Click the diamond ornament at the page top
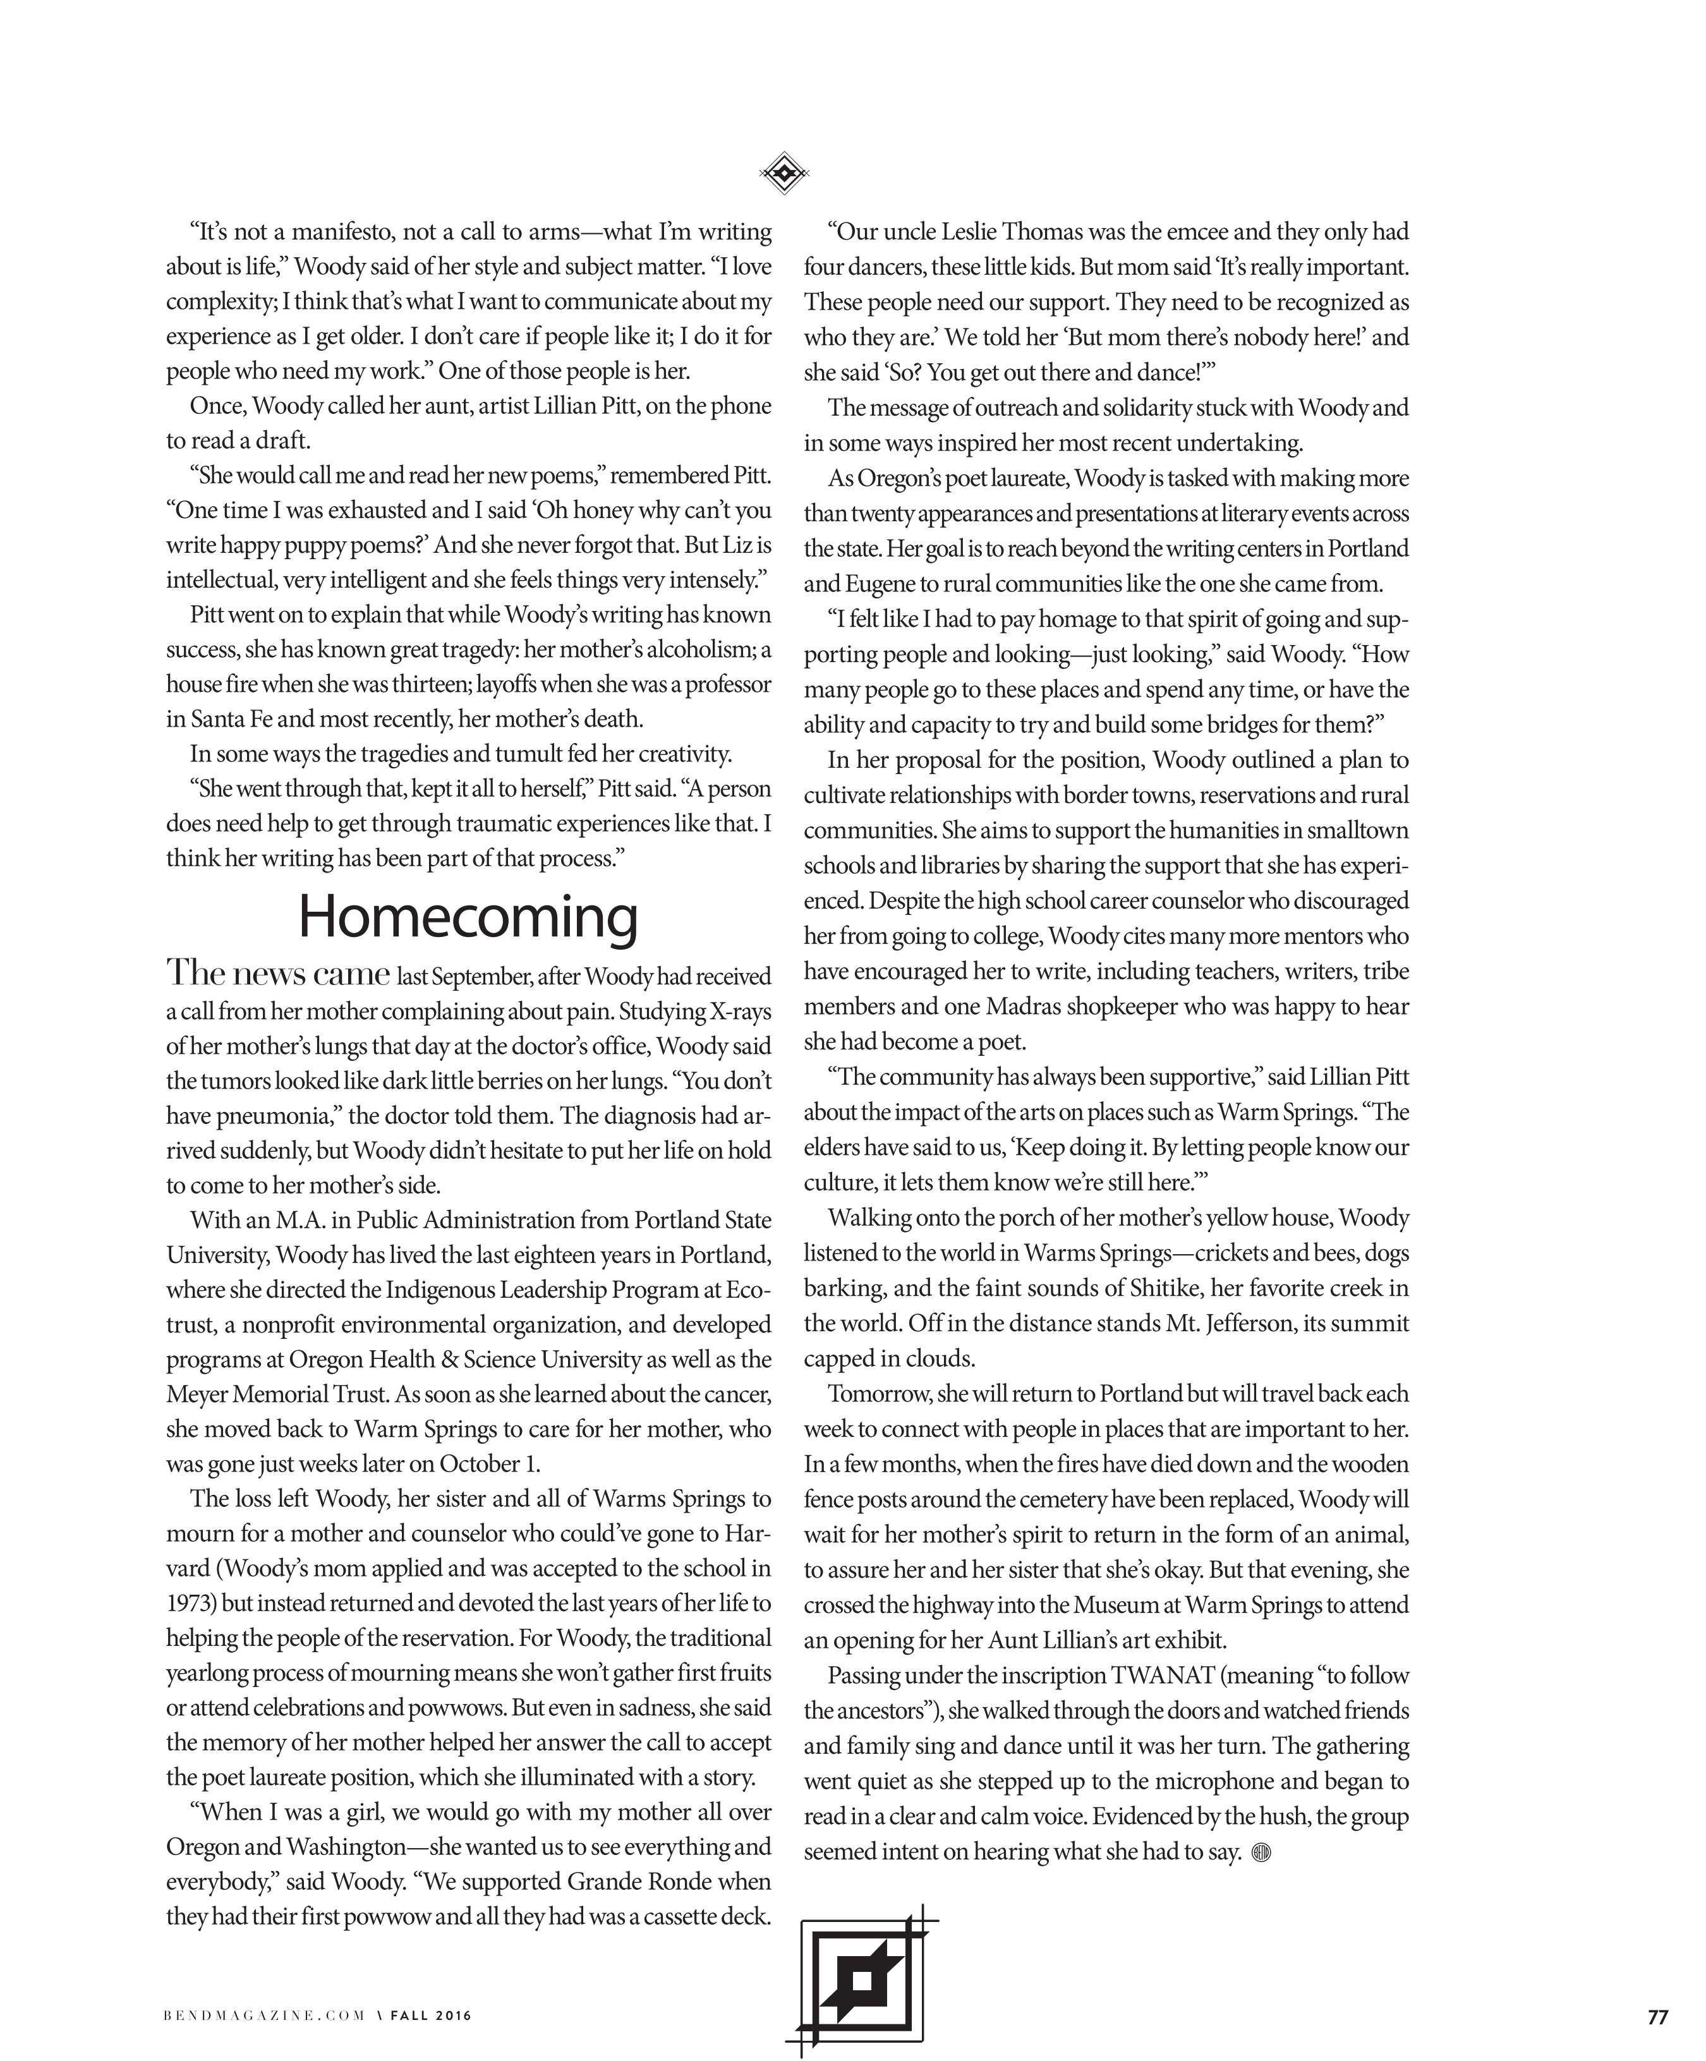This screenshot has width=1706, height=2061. (x=783, y=174)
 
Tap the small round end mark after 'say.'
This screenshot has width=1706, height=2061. (x=1262, y=1852)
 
